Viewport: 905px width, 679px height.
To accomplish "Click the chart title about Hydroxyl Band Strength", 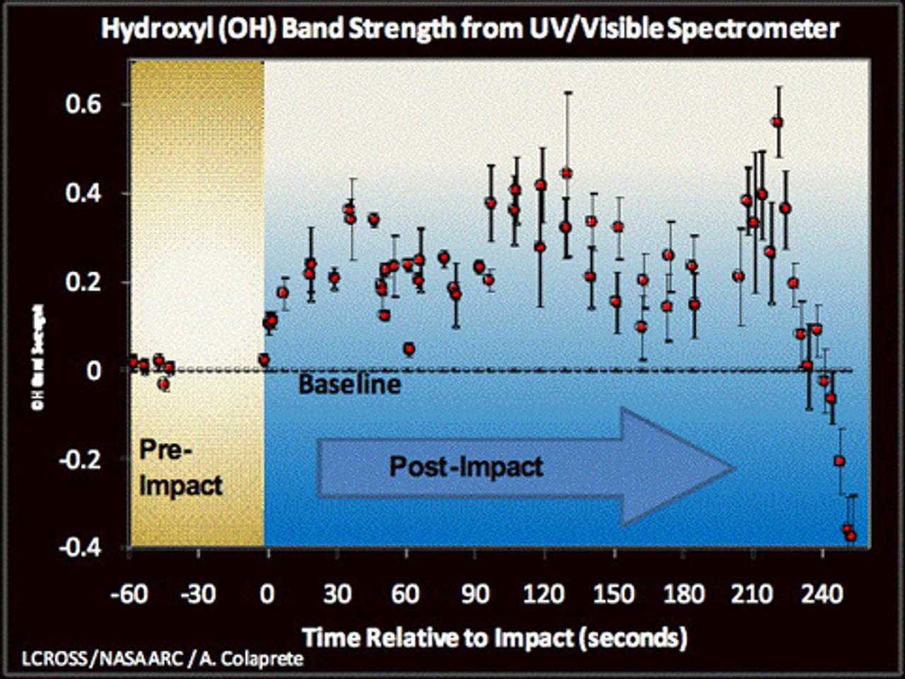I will pyautogui.click(x=470, y=29).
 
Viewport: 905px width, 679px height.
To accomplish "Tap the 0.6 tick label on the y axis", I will pyautogui.click(x=83, y=105).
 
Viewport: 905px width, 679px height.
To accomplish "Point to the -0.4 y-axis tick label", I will pyautogui.click(x=78, y=547).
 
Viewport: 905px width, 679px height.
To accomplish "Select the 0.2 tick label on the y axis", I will pyautogui.click(x=83, y=282).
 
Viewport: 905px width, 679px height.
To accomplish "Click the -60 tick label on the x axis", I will pyautogui.click(x=129, y=593).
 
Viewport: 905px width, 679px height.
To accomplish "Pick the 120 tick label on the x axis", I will pyautogui.click(x=544, y=593).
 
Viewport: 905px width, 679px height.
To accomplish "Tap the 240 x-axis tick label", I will pyautogui.click(x=822, y=593).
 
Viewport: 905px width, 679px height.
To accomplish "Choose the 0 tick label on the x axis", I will pyautogui.click(x=267, y=593).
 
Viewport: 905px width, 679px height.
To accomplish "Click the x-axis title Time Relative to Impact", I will pyautogui.click(x=495, y=638).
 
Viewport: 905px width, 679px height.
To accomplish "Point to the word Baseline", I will pyautogui.click(x=349, y=384).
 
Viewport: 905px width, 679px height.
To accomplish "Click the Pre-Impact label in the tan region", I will pyautogui.click(x=180, y=468).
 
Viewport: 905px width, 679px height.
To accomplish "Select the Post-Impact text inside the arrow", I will pyautogui.click(x=467, y=467).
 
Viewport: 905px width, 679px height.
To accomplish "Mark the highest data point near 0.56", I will pyautogui.click(x=778, y=122).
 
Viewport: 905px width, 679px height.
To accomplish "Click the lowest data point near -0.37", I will pyautogui.click(x=851, y=536).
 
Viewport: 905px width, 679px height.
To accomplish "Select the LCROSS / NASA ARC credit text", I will pyautogui.click(x=163, y=659).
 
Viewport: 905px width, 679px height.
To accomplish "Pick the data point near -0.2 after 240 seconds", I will pyautogui.click(x=839, y=461).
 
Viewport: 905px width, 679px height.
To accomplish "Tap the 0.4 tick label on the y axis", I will pyautogui.click(x=83, y=193).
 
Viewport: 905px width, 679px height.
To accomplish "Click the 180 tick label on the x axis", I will pyautogui.click(x=684, y=593).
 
